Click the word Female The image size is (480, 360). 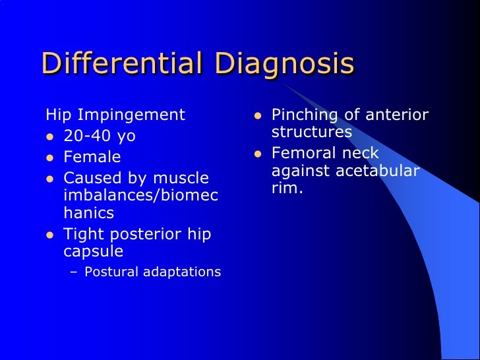92,158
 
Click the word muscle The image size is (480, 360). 181,179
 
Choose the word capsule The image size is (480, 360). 94,253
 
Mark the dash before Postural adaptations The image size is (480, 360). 73,272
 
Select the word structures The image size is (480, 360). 311,133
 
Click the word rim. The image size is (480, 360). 287,189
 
